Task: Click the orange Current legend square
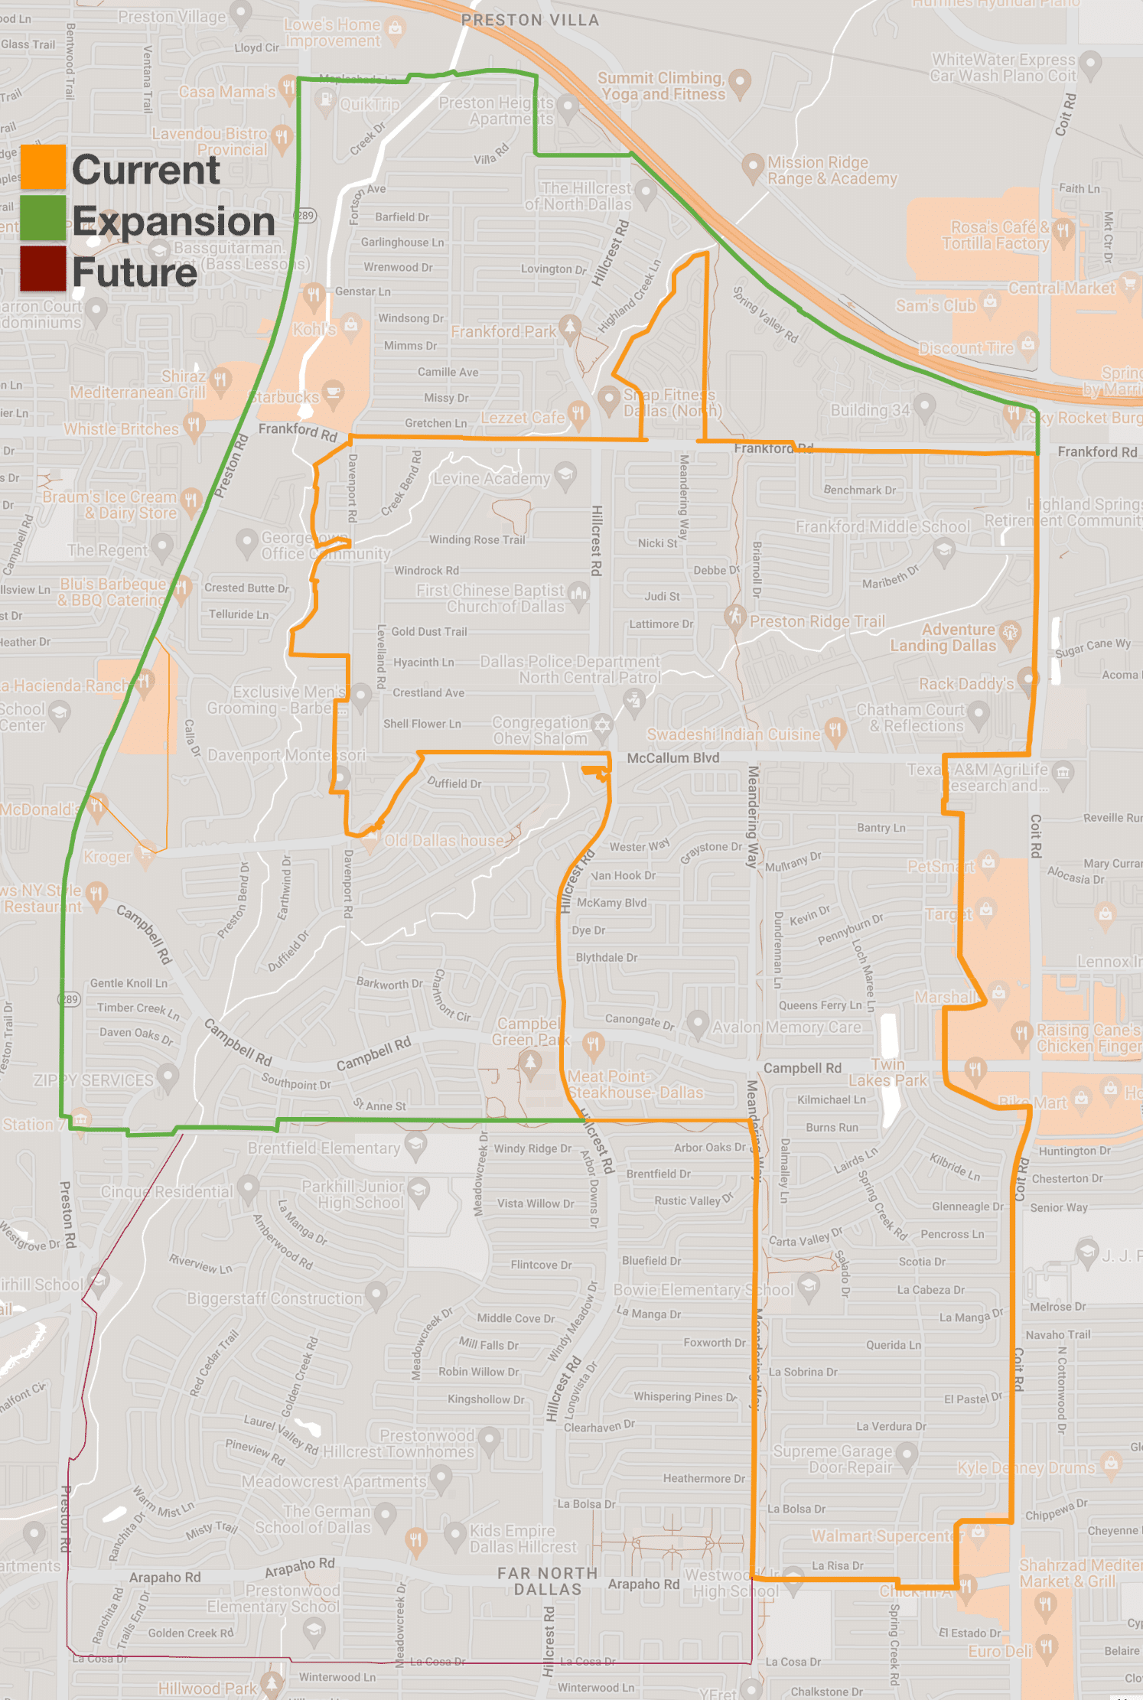(43, 167)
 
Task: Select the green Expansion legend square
(43, 218)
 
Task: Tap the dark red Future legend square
(43, 269)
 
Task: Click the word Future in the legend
(135, 272)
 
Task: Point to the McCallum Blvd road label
(673, 758)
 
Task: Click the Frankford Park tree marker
(569, 327)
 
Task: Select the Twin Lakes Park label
(888, 1073)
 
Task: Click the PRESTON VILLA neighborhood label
(530, 21)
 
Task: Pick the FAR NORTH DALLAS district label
(548, 1581)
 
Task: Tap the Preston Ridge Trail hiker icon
(735, 617)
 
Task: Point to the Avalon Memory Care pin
(697, 1023)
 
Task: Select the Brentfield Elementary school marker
(415, 1145)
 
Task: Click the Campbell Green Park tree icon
(530, 1061)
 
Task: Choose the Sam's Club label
(936, 306)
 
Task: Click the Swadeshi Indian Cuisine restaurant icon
(835, 729)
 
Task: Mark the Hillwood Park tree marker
(271, 1682)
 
